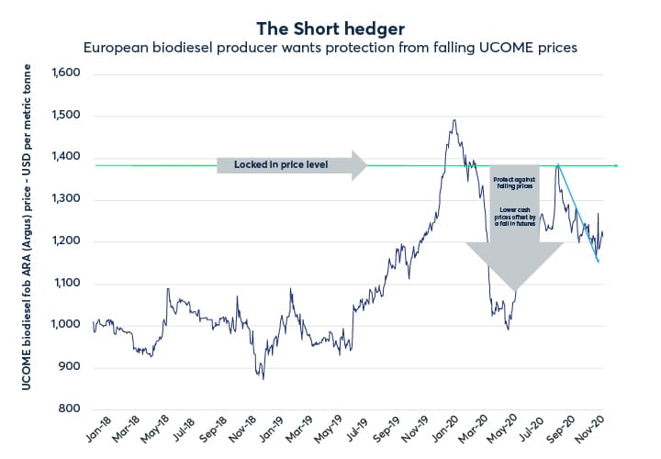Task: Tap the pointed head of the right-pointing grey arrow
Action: coord(367,165)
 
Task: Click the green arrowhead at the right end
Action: coord(617,165)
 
